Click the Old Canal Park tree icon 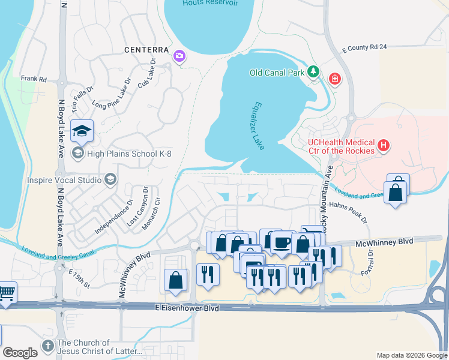coord(312,73)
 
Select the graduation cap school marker coord(80,130)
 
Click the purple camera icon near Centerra coord(179,57)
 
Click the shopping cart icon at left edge coord(6,293)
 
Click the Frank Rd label coord(34,79)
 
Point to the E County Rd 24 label coord(364,48)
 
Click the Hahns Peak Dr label coord(348,212)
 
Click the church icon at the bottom coord(48,346)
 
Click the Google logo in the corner coord(20,353)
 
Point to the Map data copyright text coord(411,355)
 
